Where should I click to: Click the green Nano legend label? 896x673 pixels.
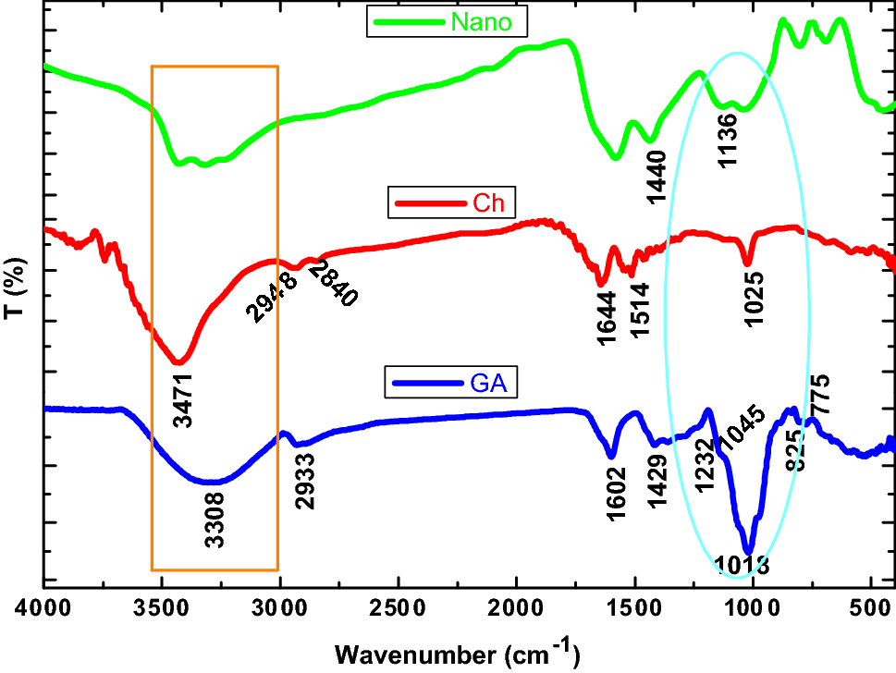(480, 22)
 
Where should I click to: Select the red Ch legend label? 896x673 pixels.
(489, 203)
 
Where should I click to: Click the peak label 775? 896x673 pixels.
(819, 397)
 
